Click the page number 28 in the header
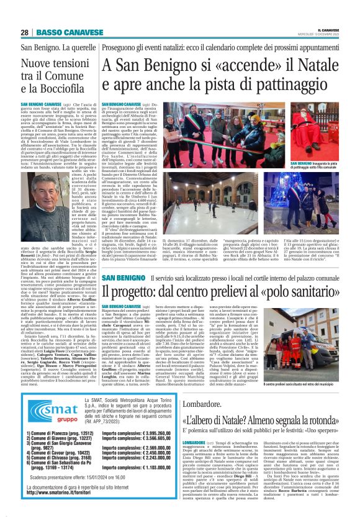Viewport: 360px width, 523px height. point(24,32)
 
